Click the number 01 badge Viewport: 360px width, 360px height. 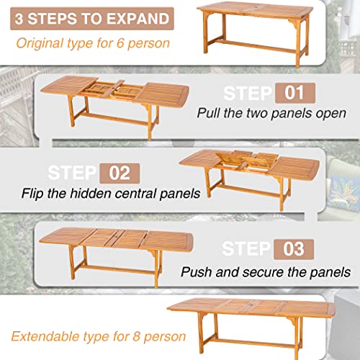click(x=295, y=93)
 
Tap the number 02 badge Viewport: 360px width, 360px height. click(x=120, y=173)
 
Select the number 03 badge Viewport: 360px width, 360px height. click(x=294, y=249)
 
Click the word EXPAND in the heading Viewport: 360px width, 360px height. click(x=138, y=19)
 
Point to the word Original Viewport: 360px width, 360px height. click(x=40, y=44)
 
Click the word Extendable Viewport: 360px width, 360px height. click(x=45, y=336)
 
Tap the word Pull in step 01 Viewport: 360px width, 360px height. click(x=208, y=112)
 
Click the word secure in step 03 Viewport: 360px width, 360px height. click(x=263, y=272)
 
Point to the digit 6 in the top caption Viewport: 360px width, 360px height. click(x=120, y=43)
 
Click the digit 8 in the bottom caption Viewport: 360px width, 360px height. click(x=136, y=336)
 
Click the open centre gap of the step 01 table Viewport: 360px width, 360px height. click(x=113, y=90)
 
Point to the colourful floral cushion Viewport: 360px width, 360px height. click(x=345, y=193)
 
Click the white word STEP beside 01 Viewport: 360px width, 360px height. click(x=248, y=93)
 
